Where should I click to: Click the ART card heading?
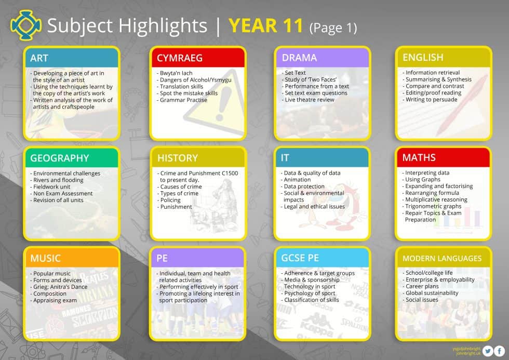(x=39, y=58)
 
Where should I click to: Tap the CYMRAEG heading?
(x=180, y=58)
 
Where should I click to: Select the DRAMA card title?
(x=299, y=58)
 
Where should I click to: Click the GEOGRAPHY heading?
(x=59, y=158)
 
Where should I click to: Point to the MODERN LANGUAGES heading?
(x=442, y=258)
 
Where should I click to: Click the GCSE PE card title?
(x=300, y=258)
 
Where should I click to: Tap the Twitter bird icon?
(x=488, y=351)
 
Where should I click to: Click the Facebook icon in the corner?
(x=499, y=351)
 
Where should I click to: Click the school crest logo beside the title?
(x=25, y=25)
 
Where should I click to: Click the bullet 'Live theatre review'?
(x=309, y=100)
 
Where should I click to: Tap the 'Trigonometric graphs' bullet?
(x=433, y=206)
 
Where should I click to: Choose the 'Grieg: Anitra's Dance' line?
(x=59, y=287)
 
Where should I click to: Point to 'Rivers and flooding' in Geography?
(x=58, y=180)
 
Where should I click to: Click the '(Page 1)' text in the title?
(x=333, y=27)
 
